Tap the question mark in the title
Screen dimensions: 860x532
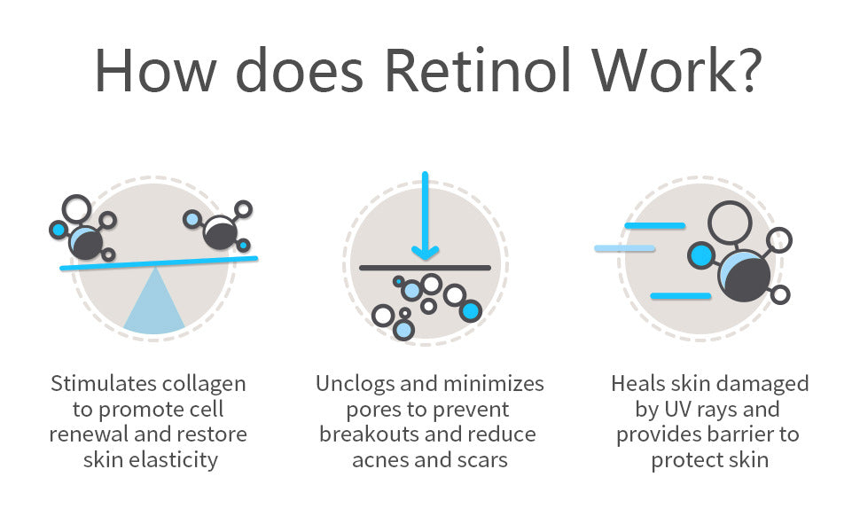point(748,70)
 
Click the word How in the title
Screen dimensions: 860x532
point(156,70)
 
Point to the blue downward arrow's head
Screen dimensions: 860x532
point(425,253)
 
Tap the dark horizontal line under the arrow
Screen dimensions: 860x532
point(425,268)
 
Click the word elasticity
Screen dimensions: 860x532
point(173,460)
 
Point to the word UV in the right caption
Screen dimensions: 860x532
point(678,410)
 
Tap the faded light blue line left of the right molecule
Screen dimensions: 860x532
point(625,248)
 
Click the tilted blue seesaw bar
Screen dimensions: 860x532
point(159,262)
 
